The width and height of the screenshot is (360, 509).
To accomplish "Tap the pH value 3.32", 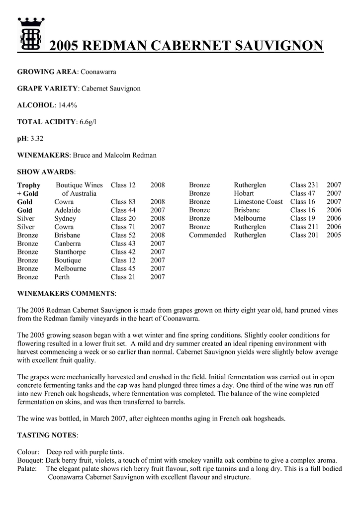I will [37, 139].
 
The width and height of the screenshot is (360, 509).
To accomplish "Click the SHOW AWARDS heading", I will [46, 172].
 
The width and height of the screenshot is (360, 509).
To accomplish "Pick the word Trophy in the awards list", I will [29, 185].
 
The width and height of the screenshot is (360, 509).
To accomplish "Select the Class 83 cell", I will [123, 202].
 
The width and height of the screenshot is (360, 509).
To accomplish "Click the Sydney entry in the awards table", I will [65, 219].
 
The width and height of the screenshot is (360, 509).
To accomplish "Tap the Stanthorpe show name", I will [70, 252].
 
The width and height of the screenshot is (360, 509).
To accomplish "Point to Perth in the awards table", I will [62, 277].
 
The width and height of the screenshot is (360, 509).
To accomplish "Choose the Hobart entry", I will [244, 193].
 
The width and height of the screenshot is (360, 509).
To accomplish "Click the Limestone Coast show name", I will [258, 202].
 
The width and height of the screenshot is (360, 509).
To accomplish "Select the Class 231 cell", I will [304, 185].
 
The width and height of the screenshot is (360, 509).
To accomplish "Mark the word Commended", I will [207, 235].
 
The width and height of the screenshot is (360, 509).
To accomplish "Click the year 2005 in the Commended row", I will [334, 235].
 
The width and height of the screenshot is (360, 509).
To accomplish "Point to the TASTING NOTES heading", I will [47, 435].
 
